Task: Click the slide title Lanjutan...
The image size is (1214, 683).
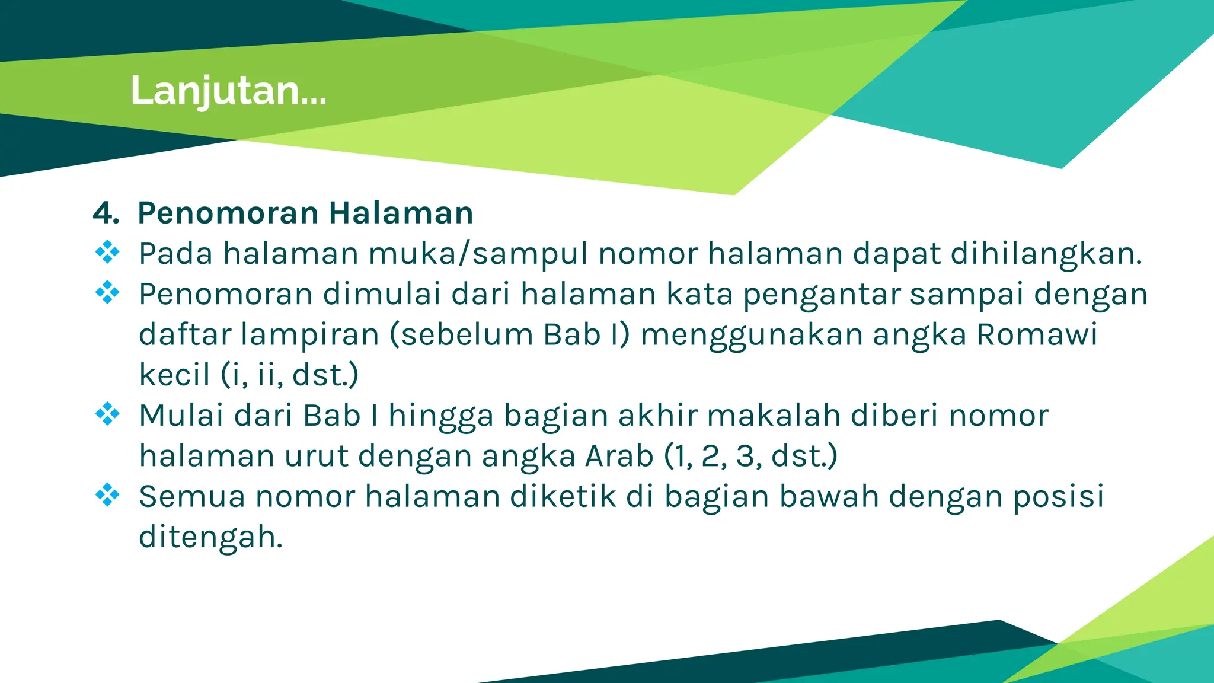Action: tap(228, 91)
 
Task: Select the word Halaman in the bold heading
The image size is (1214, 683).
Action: tap(401, 213)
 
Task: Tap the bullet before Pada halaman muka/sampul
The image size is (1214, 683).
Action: tap(107, 252)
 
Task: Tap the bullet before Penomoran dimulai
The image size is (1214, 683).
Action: tap(107, 292)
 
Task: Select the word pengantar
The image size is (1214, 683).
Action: tap(821, 295)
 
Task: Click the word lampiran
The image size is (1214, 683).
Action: tap(309, 335)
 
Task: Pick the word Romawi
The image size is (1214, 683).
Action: tap(1037, 335)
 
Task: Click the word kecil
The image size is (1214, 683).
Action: tap(174, 375)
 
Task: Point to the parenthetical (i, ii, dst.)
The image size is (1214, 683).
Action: tap(290, 375)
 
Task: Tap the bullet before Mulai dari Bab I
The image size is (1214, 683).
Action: tap(107, 414)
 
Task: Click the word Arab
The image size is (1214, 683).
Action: tap(619, 456)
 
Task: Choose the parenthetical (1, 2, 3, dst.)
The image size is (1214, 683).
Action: tap(750, 456)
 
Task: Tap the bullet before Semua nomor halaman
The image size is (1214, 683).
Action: tap(107, 494)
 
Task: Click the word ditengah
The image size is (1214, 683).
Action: tap(210, 537)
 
